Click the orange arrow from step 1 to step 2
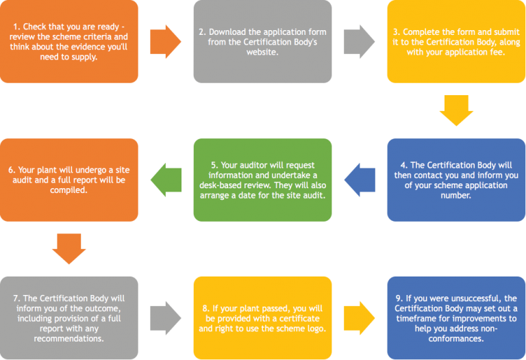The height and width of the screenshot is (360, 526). point(165,41)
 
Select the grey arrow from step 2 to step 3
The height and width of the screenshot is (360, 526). point(359,41)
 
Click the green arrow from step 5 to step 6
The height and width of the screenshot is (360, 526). point(165,179)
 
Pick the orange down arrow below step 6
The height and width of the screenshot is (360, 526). point(69,249)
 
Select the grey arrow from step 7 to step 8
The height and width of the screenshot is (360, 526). point(165,318)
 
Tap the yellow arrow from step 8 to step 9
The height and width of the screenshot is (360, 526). point(359,318)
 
